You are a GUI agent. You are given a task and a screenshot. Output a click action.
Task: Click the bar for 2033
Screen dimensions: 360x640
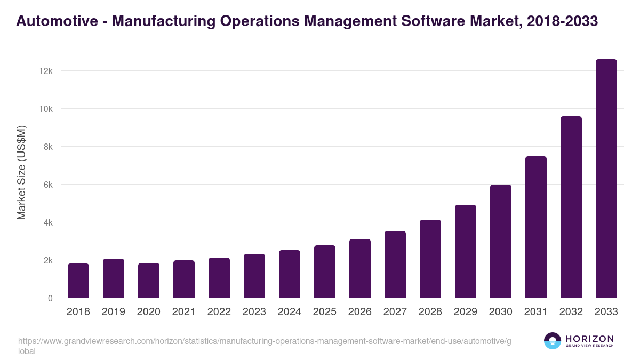(606, 179)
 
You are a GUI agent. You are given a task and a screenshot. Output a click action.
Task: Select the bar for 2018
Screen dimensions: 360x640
(78, 281)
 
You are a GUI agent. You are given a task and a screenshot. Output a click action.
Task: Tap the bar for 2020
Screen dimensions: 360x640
(149, 281)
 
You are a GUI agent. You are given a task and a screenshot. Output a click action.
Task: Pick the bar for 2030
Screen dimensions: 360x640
(501, 241)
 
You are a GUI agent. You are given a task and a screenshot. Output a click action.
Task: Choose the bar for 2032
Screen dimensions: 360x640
(571, 207)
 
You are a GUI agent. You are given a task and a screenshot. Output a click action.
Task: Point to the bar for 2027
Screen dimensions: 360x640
(395, 265)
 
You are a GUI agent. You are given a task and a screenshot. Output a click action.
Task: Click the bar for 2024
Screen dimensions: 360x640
(290, 274)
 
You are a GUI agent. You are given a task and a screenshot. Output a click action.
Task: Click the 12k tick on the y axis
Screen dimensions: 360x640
(46, 71)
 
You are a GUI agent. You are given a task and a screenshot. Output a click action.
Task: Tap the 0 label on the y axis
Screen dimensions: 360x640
(50, 298)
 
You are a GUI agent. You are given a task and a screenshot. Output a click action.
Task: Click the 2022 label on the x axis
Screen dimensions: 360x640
(219, 312)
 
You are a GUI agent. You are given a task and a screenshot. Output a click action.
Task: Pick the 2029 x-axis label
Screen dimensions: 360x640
(466, 312)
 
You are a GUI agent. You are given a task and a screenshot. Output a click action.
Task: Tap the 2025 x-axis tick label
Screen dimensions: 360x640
(325, 312)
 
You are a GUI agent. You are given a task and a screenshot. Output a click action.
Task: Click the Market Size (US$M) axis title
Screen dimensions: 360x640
(21, 172)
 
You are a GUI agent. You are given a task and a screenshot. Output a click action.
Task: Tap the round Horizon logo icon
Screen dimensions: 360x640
(553, 341)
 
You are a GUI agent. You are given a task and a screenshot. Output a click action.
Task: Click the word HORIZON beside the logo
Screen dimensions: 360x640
(589, 338)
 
